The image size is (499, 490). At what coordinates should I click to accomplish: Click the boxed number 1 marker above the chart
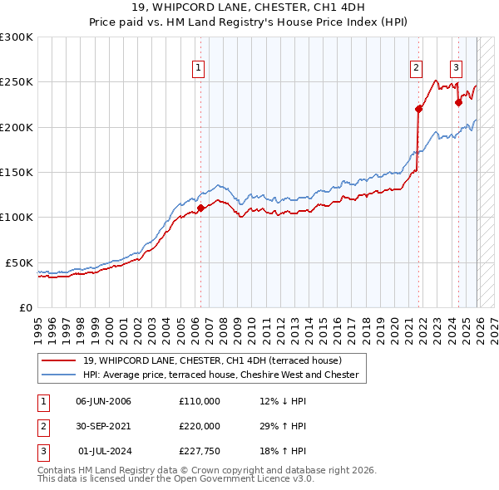(x=200, y=69)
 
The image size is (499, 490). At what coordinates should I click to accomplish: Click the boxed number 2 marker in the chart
(x=415, y=69)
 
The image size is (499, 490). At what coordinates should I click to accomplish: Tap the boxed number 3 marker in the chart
(x=457, y=69)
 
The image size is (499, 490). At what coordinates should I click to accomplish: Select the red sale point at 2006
(x=200, y=208)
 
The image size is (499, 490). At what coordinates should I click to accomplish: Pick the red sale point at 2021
(x=418, y=108)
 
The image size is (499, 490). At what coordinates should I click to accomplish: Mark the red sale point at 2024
(x=458, y=103)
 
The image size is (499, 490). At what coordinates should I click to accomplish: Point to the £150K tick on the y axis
(x=17, y=172)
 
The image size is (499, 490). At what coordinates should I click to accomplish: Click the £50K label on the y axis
(x=19, y=262)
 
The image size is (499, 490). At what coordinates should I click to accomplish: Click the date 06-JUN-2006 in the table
(x=103, y=401)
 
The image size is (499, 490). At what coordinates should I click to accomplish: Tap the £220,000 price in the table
(x=200, y=426)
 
